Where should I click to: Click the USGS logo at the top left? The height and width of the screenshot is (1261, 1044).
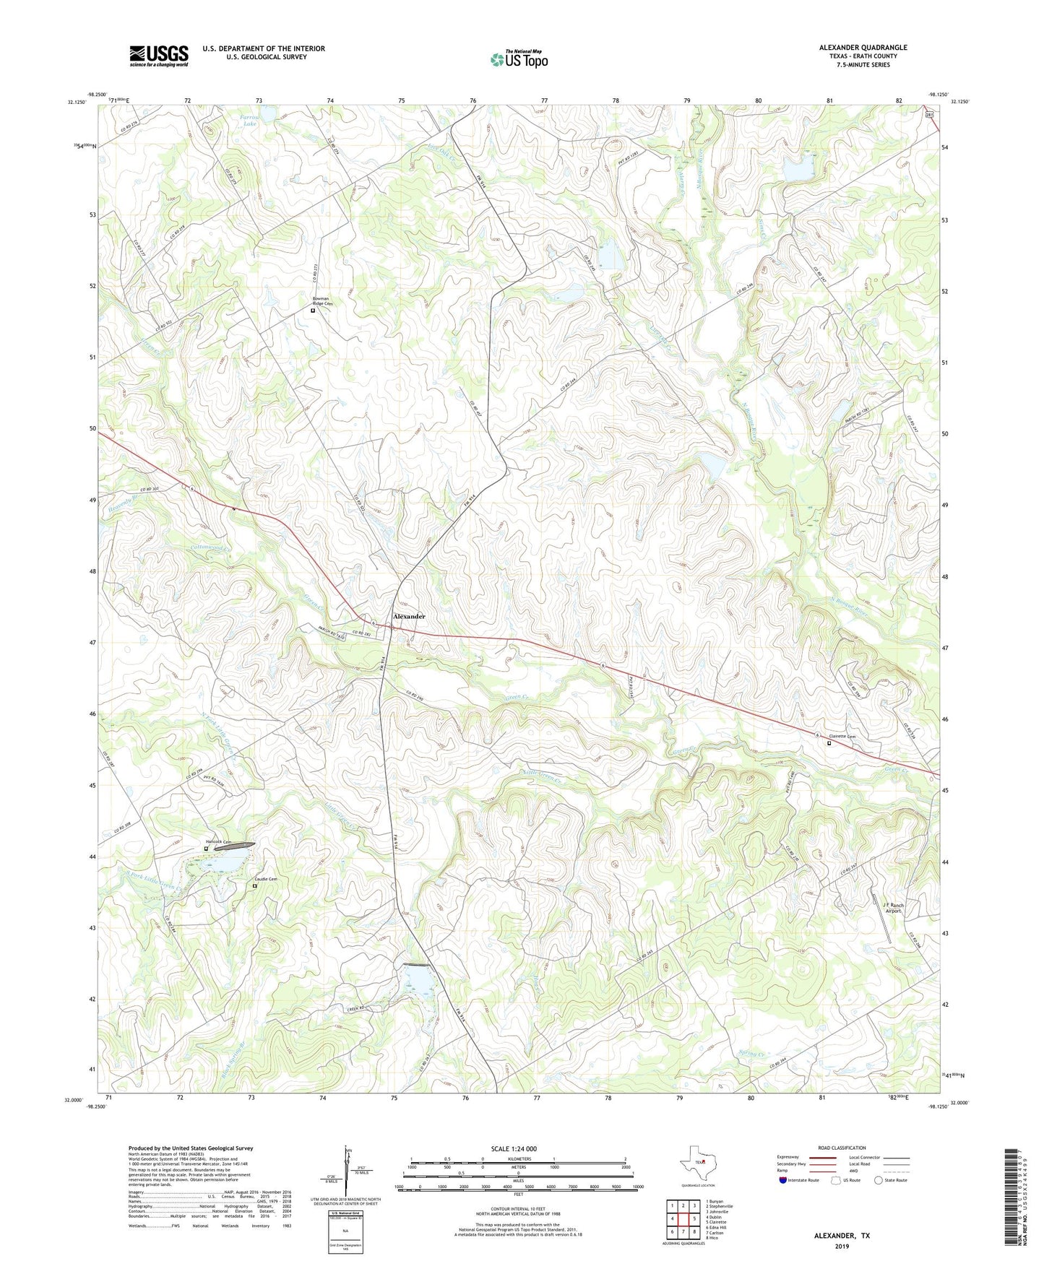coord(159,56)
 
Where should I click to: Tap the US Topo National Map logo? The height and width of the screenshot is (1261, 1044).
coord(519,59)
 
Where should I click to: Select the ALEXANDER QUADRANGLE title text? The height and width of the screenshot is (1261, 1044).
coord(863,48)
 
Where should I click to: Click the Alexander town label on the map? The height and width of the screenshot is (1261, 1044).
coord(409,616)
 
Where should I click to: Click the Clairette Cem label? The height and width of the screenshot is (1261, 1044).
coord(841,737)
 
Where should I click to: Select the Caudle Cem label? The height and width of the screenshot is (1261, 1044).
coord(265,879)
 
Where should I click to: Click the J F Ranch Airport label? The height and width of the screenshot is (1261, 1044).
coord(894,908)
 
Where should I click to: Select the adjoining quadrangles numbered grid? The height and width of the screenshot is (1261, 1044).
coord(682,1219)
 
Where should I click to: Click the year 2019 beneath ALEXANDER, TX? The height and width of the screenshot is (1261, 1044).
coord(841,1246)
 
